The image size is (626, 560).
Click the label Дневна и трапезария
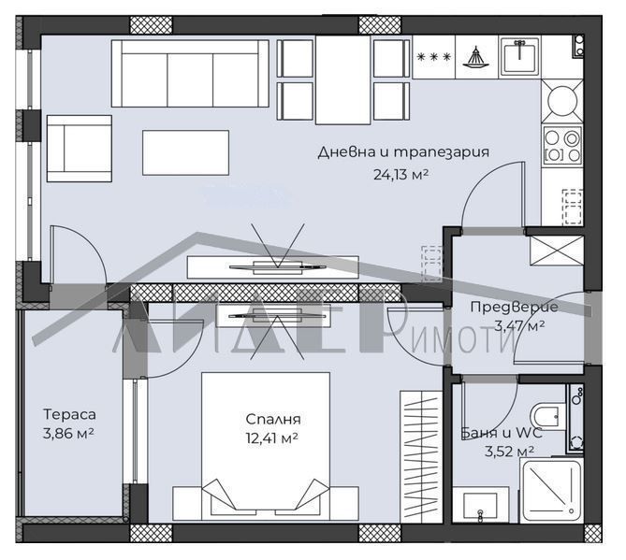[x=403, y=151]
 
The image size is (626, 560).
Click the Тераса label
[x=69, y=413]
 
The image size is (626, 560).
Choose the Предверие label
[x=513, y=307]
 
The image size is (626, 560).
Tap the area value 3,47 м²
[x=514, y=325]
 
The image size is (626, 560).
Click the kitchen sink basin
[x=517, y=55]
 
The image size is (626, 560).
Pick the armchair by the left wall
[x=78, y=149]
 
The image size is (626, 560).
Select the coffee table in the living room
[x=185, y=151]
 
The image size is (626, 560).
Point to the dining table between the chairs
[x=343, y=79]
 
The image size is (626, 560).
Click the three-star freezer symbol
[x=434, y=57]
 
